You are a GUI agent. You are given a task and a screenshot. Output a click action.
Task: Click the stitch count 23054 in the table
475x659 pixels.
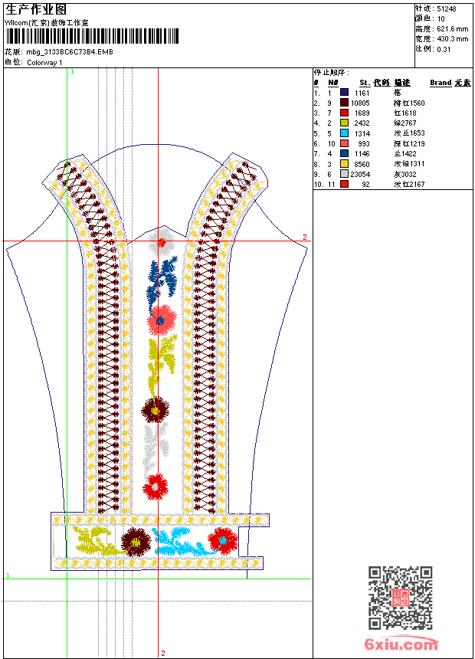pos(361,174)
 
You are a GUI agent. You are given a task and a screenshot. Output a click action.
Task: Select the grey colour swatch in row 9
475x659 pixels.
pos(345,174)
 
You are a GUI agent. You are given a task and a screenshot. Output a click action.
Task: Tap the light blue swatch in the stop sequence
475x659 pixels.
pos(345,133)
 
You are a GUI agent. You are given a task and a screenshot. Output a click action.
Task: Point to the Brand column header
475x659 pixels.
pos(441,83)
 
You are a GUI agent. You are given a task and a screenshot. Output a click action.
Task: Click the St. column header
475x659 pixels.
pos(365,83)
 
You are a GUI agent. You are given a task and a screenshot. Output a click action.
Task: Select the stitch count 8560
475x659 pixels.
pos(362,164)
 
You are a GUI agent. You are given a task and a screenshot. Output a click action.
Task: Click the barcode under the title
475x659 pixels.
pos(92,35)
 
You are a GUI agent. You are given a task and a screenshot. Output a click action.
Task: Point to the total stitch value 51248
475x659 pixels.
pos(447,8)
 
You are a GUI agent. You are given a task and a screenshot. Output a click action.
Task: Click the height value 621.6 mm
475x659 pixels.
pos(452,28)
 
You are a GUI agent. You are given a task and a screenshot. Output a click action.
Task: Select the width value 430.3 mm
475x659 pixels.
pos(452,38)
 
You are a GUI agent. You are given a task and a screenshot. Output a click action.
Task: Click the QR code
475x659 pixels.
pos(401,598)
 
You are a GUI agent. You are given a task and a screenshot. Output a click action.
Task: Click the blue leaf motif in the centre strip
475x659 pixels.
pos(163,277)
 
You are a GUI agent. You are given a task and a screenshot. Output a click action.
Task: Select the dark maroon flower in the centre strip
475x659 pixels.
pos(155,410)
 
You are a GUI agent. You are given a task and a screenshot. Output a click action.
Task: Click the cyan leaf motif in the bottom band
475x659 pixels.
pos(178,542)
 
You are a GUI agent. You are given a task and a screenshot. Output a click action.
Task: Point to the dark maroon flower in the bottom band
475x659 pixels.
pos(136,541)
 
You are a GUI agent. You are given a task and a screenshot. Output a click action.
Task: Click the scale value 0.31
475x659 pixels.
pos(444,48)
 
